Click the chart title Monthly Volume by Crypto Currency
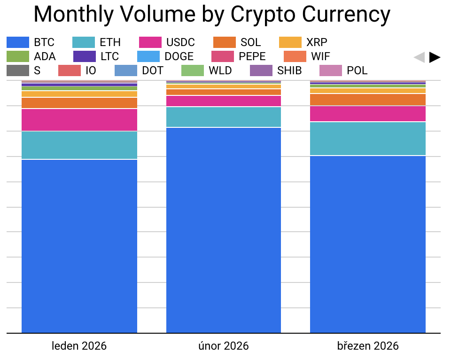[212, 15]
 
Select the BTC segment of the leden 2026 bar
[79, 246]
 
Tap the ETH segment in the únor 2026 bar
[224, 117]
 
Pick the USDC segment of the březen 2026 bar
[368, 114]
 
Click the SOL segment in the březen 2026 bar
[368, 100]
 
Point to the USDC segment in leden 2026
[79, 120]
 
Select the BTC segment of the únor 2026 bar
[224, 230]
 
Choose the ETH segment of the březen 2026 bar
[368, 139]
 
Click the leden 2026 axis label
[79, 346]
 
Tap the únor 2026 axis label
[224, 346]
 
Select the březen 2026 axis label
[368, 346]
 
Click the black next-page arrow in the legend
[435, 57]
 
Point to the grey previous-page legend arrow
[419, 57]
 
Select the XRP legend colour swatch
[290, 42]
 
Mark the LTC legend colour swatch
[85, 56]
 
